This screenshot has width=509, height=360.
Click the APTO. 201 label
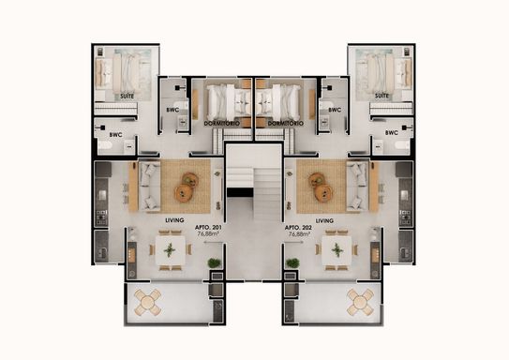click(x=208, y=228)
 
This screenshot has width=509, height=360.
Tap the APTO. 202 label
click(x=299, y=228)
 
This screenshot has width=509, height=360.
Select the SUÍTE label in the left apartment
click(x=127, y=96)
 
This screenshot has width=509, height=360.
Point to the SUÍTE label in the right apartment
click(x=382, y=96)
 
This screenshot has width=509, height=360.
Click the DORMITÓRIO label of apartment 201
click(x=222, y=124)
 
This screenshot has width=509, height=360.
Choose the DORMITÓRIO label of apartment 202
click(x=286, y=124)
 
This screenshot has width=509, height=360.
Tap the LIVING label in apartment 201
click(x=174, y=220)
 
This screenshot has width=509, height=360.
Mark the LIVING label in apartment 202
click(x=324, y=220)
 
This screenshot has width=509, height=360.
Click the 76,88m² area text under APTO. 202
click(x=299, y=233)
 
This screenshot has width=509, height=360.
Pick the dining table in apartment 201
click(x=170, y=250)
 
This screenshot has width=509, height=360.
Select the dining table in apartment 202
click(x=337, y=250)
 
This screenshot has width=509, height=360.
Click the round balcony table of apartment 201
click(x=148, y=303)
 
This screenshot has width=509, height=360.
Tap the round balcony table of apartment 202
click(x=360, y=303)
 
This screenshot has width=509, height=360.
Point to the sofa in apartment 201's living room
click(x=149, y=187)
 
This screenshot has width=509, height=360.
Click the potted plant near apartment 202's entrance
click(x=292, y=262)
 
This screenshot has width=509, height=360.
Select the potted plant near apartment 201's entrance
click(x=215, y=262)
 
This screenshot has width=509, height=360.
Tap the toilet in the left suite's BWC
click(x=105, y=146)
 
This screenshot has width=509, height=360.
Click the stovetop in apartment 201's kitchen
click(x=101, y=217)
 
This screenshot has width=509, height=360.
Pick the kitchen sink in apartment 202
click(x=404, y=195)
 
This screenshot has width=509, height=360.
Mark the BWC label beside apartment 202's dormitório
click(x=335, y=110)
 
